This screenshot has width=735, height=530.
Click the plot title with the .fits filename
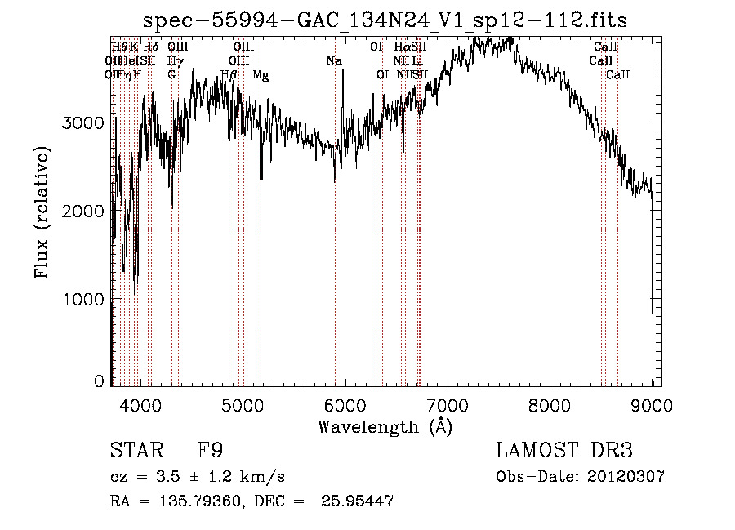[385, 20]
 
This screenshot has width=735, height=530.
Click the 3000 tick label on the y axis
[83, 122]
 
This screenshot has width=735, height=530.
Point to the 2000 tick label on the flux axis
[83, 212]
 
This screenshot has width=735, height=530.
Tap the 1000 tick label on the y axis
[83, 300]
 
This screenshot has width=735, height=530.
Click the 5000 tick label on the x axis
[243, 404]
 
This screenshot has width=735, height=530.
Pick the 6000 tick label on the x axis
[345, 404]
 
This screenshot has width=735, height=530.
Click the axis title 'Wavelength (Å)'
[385, 426]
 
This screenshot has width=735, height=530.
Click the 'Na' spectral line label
[333, 60]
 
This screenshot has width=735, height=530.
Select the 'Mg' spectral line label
[261, 75]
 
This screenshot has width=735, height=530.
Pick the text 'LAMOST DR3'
[564, 451]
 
